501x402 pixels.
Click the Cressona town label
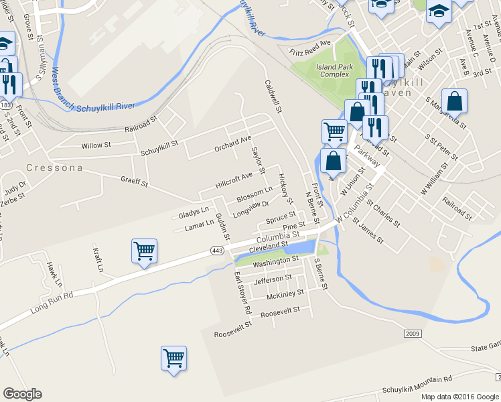(55, 167)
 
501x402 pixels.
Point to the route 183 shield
(7, 106)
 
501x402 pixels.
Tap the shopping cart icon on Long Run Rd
(144, 252)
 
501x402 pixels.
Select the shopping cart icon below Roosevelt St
(173, 359)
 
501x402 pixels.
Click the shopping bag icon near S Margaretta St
(454, 102)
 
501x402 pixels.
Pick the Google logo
(23, 394)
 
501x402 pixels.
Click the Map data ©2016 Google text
(460, 397)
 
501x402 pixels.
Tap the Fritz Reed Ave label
(310, 48)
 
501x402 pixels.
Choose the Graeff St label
(134, 181)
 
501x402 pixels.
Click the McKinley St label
(285, 294)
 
